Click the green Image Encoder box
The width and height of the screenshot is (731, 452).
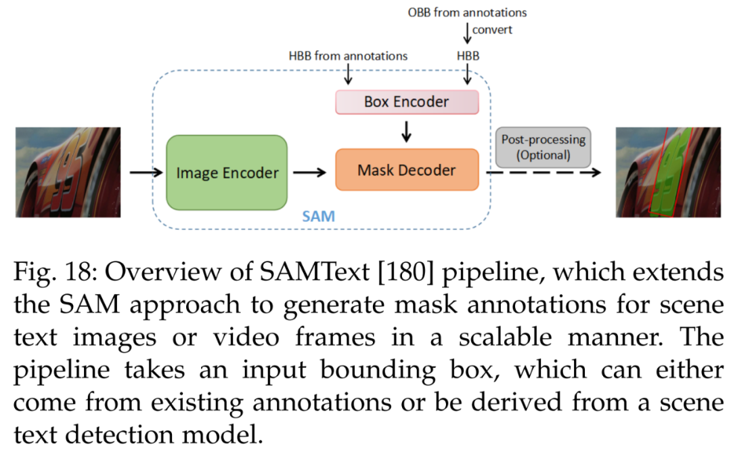tap(227, 173)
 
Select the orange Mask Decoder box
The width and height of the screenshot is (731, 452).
tap(407, 170)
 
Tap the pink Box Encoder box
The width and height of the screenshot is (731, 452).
tap(407, 102)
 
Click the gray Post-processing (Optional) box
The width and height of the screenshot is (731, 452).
tap(543, 146)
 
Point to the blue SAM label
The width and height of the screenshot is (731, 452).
tap(317, 217)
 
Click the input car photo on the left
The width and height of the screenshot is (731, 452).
tap(68, 172)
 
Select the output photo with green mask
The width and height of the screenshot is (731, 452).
tap(667, 172)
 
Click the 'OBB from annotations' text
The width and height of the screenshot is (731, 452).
tap(466, 12)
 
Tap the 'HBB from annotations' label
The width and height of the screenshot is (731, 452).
tap(348, 56)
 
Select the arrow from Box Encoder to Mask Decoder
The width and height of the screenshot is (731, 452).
tap(406, 130)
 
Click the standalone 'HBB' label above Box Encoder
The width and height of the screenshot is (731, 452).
tap(466, 56)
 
